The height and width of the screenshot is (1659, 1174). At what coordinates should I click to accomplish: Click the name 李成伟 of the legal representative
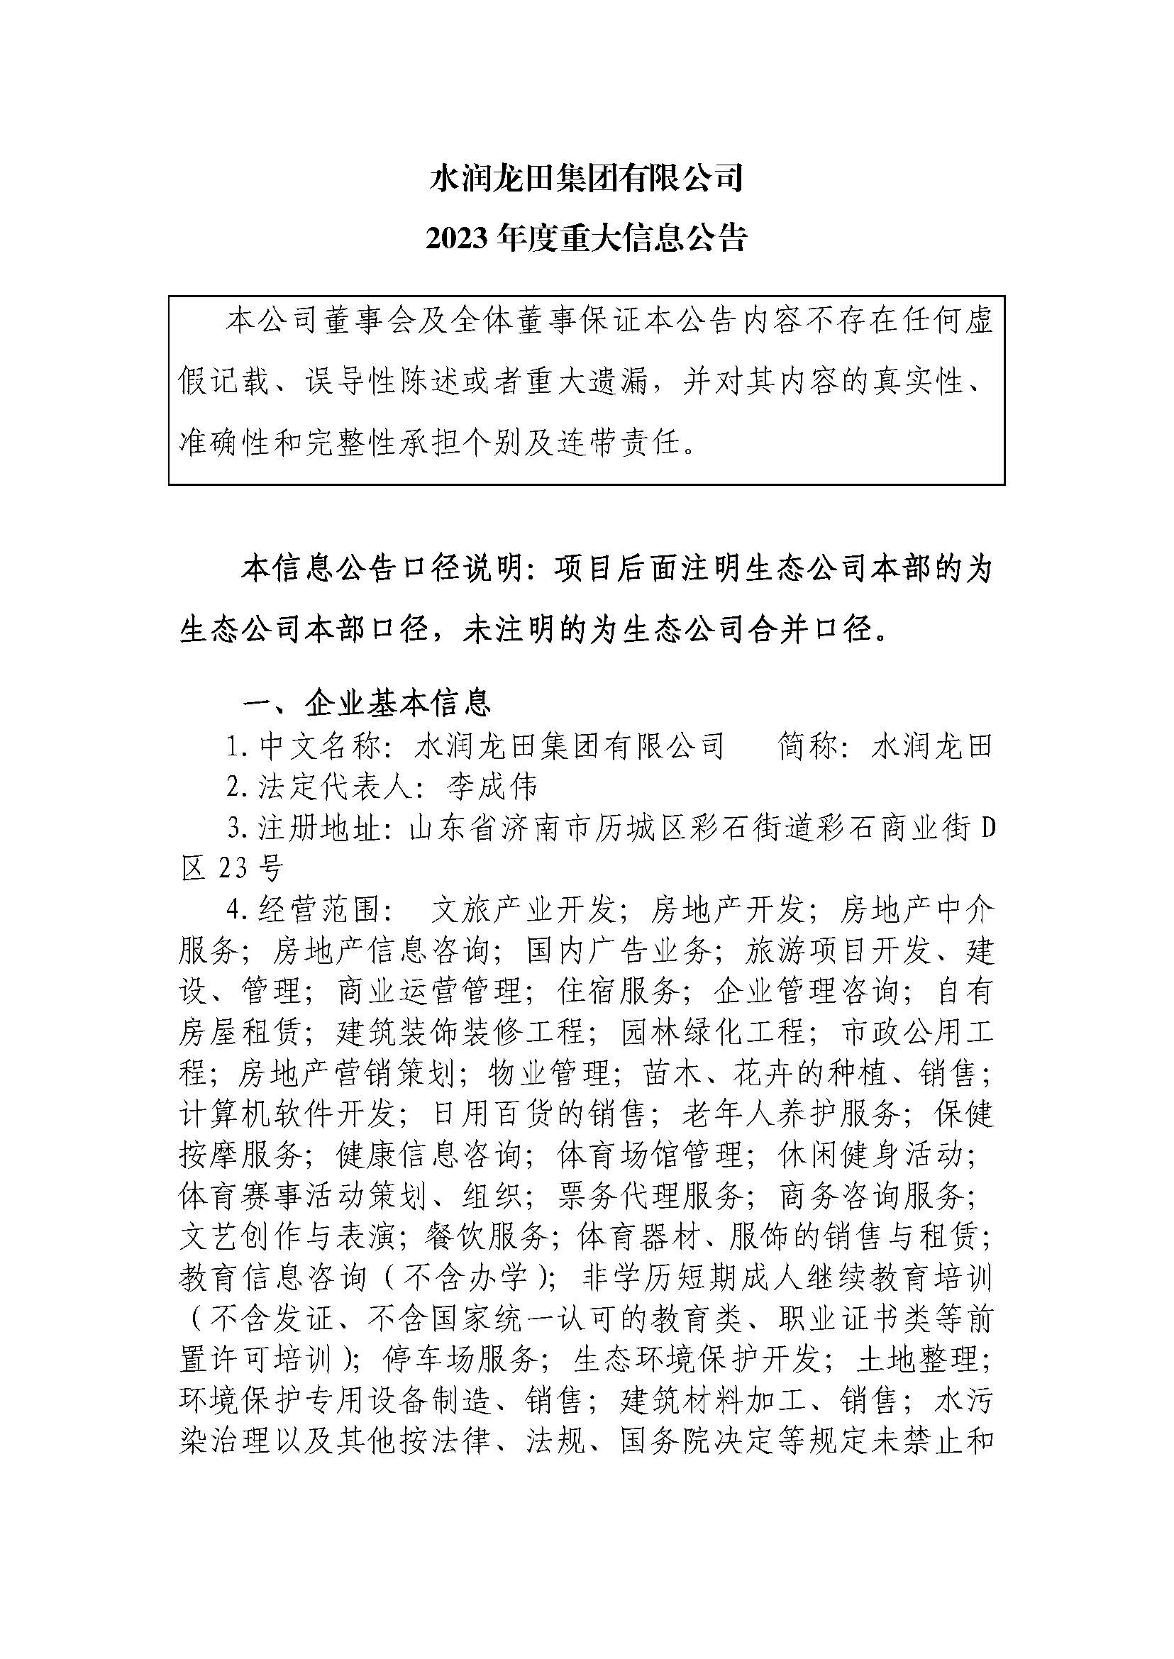click(x=492, y=787)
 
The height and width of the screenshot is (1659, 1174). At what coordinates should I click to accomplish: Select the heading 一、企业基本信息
click(x=367, y=702)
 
